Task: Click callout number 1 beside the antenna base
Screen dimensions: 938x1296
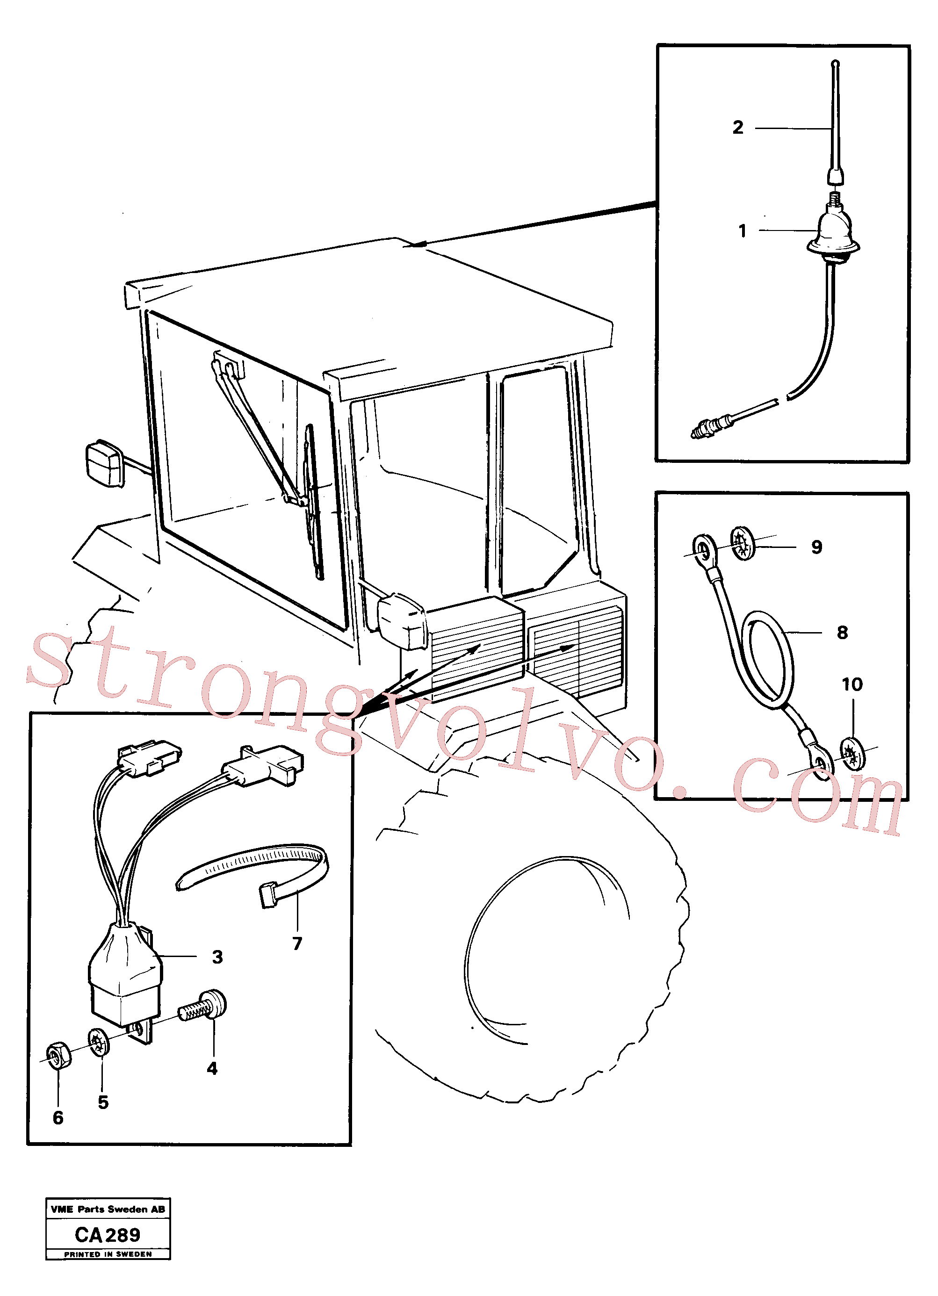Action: [x=742, y=231]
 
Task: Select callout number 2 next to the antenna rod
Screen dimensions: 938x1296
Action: [x=738, y=127]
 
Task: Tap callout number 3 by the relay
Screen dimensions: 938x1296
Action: [x=217, y=957]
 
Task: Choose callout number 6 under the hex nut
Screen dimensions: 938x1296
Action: [x=58, y=1118]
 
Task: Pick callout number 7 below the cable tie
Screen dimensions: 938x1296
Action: [x=297, y=943]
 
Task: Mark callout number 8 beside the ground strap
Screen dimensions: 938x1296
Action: [x=842, y=633]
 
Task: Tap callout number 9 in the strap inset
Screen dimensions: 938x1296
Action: [x=817, y=547]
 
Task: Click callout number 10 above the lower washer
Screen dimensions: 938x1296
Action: [x=851, y=684]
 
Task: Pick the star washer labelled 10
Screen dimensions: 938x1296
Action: [x=852, y=754]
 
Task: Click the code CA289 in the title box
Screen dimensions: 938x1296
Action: [x=108, y=1235]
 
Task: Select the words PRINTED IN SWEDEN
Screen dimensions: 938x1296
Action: [x=108, y=1254]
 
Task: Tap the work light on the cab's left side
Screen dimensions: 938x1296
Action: [x=105, y=464]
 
